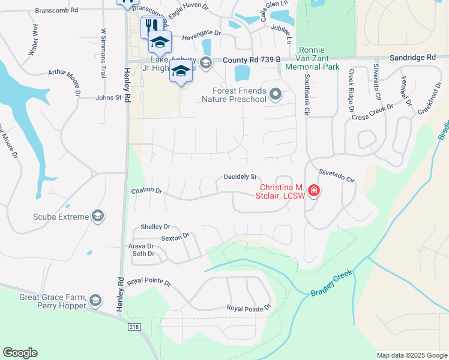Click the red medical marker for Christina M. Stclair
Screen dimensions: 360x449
point(313,191)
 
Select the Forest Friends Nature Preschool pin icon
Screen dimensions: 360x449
point(276,94)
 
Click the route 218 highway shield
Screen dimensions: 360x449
point(136,326)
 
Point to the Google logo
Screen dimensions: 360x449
point(20,353)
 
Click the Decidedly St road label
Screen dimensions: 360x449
point(240,177)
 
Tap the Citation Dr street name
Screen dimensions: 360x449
point(146,190)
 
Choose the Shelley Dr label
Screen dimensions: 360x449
point(155,227)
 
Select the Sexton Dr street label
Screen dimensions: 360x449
point(175,237)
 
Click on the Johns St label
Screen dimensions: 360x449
point(109,97)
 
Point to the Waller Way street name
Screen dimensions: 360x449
point(34,41)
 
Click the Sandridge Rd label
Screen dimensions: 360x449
point(412,57)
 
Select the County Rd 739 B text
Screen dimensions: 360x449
point(252,60)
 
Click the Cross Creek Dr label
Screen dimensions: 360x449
point(372,112)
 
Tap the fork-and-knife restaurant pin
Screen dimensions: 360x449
point(150,26)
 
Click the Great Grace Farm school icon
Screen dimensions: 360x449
point(95,300)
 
